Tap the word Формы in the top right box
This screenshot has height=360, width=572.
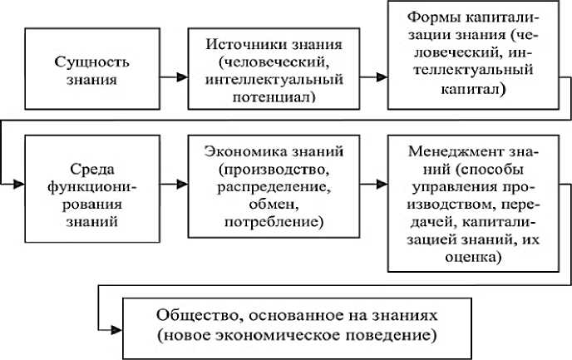click(437, 17)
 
